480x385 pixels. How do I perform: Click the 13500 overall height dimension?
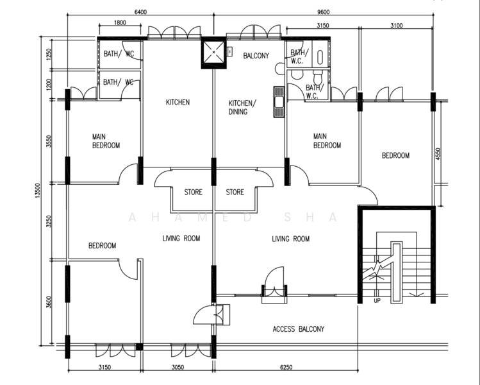(x=37, y=191)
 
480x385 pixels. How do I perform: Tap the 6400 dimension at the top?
(x=140, y=12)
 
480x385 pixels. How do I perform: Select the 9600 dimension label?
(x=323, y=12)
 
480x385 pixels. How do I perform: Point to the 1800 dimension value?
(x=120, y=22)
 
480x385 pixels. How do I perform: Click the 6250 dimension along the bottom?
(x=286, y=367)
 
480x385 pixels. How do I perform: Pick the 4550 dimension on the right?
(x=438, y=154)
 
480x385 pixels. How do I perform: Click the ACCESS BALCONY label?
(x=299, y=329)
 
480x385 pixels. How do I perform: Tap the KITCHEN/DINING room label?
(x=241, y=107)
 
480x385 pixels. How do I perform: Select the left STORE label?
(x=193, y=193)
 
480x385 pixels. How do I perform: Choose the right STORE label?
(x=235, y=193)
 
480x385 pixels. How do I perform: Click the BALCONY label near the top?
(x=256, y=55)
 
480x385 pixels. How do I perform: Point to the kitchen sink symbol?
(x=279, y=102)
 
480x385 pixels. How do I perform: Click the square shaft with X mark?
(x=213, y=53)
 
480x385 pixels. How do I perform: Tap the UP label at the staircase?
(x=377, y=301)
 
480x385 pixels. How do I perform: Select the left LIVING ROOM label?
(x=181, y=238)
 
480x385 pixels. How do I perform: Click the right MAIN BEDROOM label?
(x=327, y=141)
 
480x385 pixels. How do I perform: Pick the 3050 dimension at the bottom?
(x=178, y=367)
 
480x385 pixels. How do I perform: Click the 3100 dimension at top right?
(x=397, y=26)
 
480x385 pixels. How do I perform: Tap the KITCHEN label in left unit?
(x=178, y=102)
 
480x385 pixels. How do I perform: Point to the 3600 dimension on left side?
(x=49, y=302)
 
